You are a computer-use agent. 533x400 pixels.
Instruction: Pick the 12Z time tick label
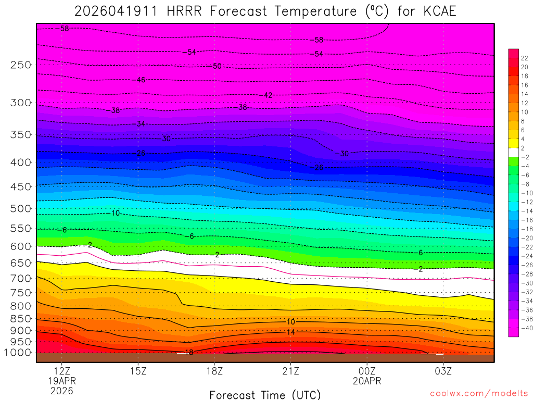[62, 371]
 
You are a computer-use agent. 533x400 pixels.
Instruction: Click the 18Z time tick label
[214, 371]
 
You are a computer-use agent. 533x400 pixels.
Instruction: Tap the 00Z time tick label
[367, 371]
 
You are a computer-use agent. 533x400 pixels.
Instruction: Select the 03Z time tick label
[443, 371]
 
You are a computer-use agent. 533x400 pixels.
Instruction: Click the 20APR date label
[367, 381]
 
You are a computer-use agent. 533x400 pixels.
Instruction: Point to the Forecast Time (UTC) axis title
[265, 395]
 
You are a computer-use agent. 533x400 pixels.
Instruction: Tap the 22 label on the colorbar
[525, 58]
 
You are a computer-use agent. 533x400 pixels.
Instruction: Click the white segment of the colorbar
[514, 148]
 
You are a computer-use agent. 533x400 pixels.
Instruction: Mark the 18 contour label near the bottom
[189, 353]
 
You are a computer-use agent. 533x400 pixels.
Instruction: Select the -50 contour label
[216, 66]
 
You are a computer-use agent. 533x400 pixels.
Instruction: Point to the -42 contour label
[267, 95]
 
